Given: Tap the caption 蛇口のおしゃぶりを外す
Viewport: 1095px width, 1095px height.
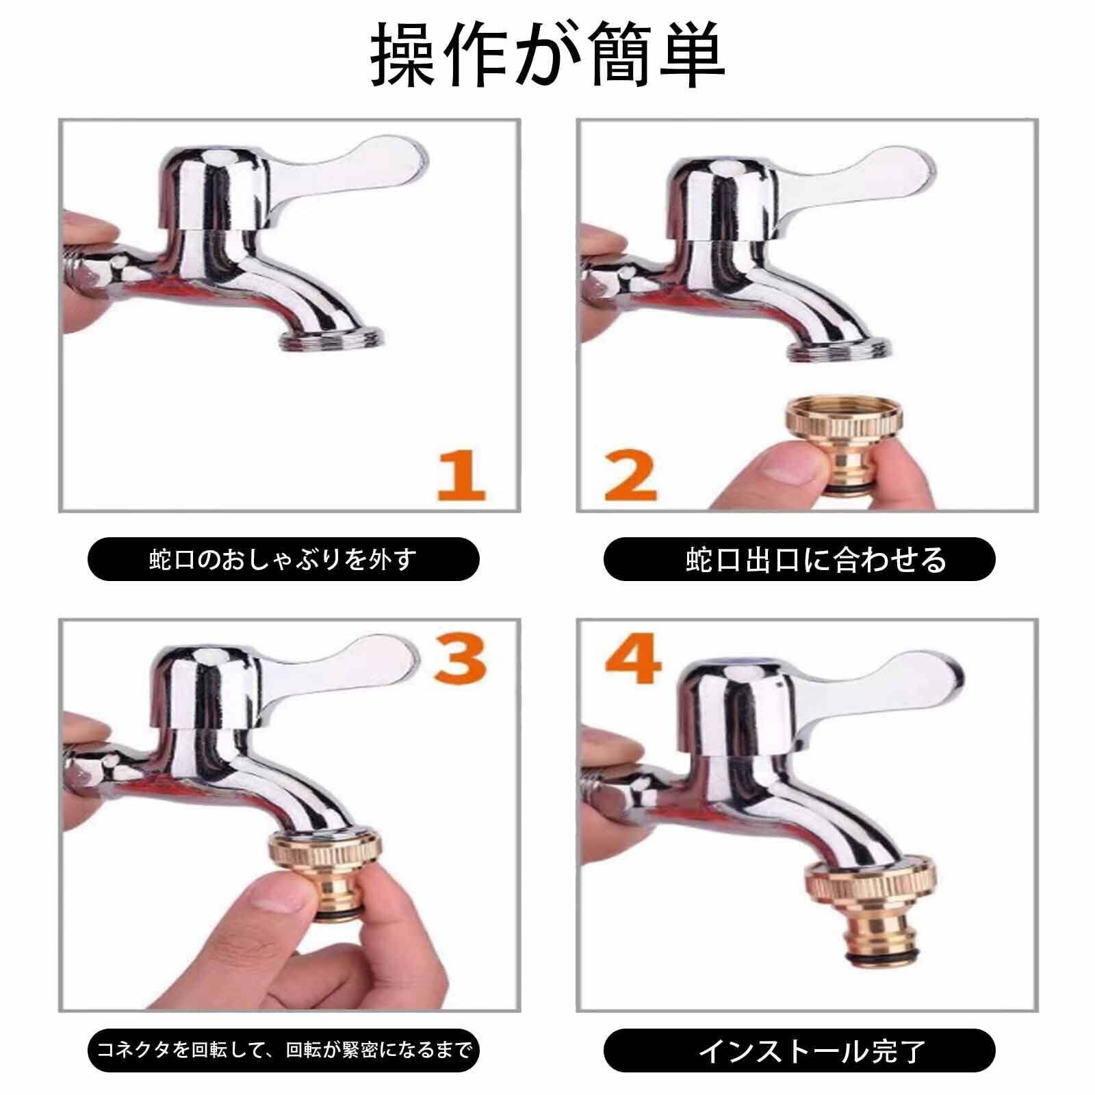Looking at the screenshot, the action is tap(283, 560).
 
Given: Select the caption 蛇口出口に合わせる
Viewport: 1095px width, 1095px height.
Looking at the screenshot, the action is tap(816, 560).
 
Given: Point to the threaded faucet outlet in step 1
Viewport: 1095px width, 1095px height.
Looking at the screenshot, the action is tap(333, 341).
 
